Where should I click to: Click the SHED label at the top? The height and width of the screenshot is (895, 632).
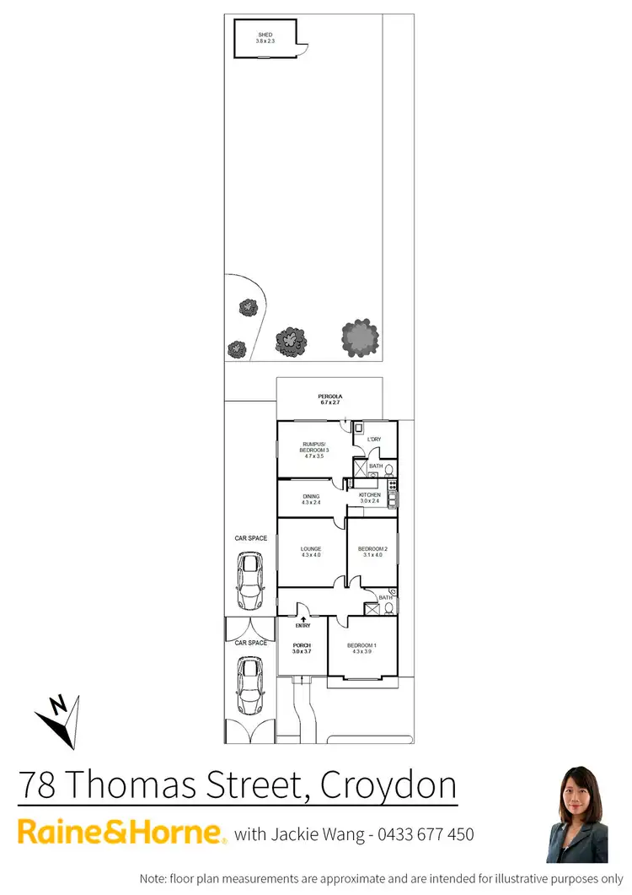point(265,35)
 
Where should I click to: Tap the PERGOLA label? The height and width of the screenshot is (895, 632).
point(330,396)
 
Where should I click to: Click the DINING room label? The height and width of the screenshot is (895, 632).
point(311,496)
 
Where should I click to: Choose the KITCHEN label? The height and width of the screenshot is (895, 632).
point(370,495)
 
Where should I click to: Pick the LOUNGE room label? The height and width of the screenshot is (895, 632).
point(311,549)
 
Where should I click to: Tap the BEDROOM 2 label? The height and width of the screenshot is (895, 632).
point(372,549)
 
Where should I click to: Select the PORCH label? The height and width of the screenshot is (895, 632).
point(302,646)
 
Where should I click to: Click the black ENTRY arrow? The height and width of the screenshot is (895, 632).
point(303,618)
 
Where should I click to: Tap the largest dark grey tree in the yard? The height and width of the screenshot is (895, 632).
point(360,337)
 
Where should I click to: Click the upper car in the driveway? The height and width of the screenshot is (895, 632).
point(250,580)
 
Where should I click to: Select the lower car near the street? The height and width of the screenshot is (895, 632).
point(250,685)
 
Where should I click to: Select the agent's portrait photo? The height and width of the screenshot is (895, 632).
point(577,815)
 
